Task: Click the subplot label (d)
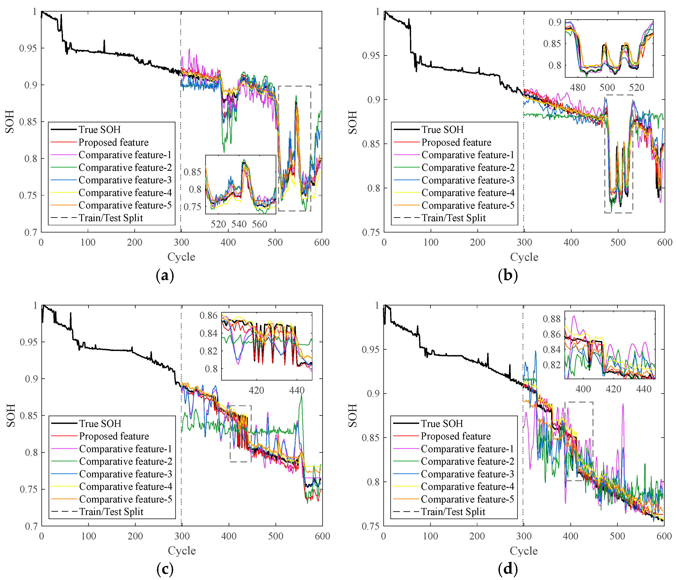pyautogui.click(x=508, y=569)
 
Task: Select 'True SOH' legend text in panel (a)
pyautogui.click(x=100, y=130)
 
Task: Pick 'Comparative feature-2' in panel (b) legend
pyautogui.click(x=468, y=167)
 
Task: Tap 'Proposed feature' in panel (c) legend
pyautogui.click(x=114, y=436)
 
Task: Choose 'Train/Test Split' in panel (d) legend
pyautogui.click(x=453, y=512)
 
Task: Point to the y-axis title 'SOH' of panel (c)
pyautogui.click(x=11, y=415)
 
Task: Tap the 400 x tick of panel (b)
pyautogui.click(x=571, y=242)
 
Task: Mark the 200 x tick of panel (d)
pyautogui.click(x=477, y=536)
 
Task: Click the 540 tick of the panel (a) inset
pyautogui.click(x=239, y=224)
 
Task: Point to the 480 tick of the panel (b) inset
pyautogui.click(x=578, y=88)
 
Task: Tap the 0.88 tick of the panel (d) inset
pyautogui.click(x=551, y=319)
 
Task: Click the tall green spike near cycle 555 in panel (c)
pyautogui.click(x=301, y=396)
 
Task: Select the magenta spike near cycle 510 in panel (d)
pyautogui.click(x=623, y=405)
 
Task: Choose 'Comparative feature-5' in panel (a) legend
pyautogui.click(x=125, y=205)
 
